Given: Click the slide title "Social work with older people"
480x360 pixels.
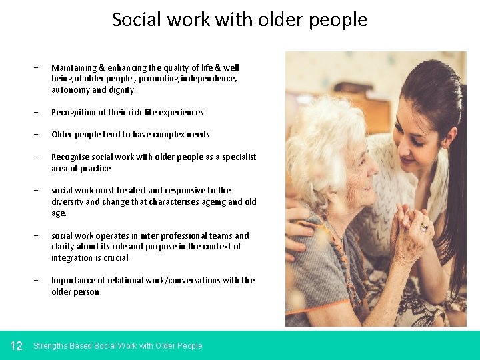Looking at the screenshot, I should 239,19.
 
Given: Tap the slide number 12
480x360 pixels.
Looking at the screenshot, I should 17,345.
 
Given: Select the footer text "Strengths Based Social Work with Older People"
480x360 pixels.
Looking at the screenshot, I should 117,345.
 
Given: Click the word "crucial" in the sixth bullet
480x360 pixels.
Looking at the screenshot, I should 117,258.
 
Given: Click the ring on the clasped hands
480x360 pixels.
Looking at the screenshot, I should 423,227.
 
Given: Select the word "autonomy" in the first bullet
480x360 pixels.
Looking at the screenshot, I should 70,90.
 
